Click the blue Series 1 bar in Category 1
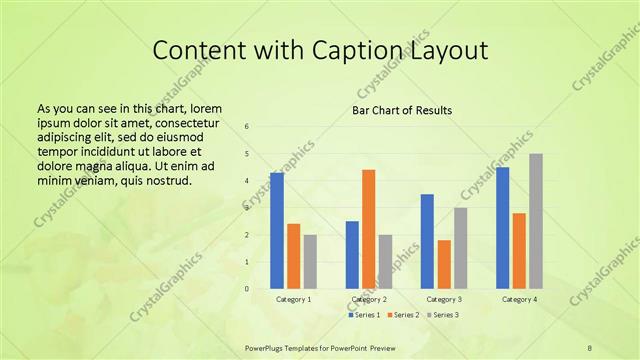(277, 231)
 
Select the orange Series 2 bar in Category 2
(368, 229)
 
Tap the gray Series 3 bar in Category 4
(535, 221)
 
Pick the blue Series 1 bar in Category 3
(427, 241)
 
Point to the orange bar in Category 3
(444, 264)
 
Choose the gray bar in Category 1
(310, 262)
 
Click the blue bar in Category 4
(502, 228)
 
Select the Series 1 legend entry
(365, 315)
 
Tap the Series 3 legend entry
(444, 315)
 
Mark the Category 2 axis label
(369, 299)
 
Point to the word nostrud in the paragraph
(163, 181)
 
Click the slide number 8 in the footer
(589, 347)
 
